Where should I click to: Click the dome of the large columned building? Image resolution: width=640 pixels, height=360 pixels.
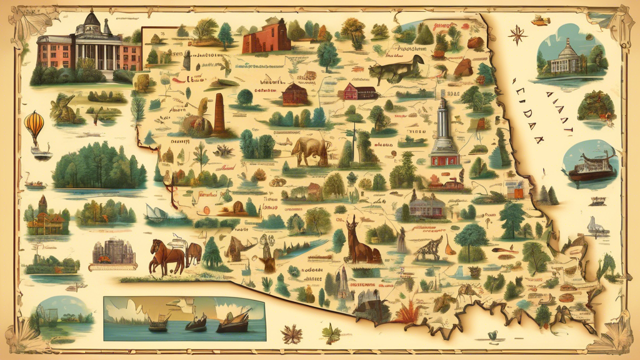(91, 19)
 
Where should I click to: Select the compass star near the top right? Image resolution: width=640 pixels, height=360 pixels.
(517, 34)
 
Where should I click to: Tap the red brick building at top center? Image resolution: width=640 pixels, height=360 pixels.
(266, 36)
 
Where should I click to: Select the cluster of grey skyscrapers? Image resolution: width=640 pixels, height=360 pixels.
(114, 251)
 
